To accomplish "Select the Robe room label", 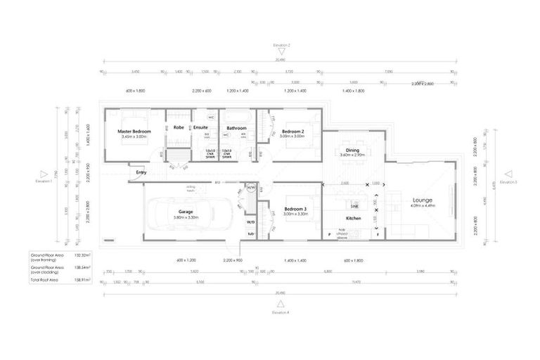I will click(179, 128).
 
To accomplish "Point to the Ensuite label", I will click(200, 128).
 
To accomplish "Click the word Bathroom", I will click(236, 128).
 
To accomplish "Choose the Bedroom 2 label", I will click(292, 131).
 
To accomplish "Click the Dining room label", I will click(352, 150).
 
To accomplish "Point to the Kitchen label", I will click(354, 219).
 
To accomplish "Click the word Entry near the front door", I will click(141, 172).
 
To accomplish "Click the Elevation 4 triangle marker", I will click(281, 304).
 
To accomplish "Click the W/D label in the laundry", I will click(250, 222).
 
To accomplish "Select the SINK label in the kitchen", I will click(355, 207).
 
